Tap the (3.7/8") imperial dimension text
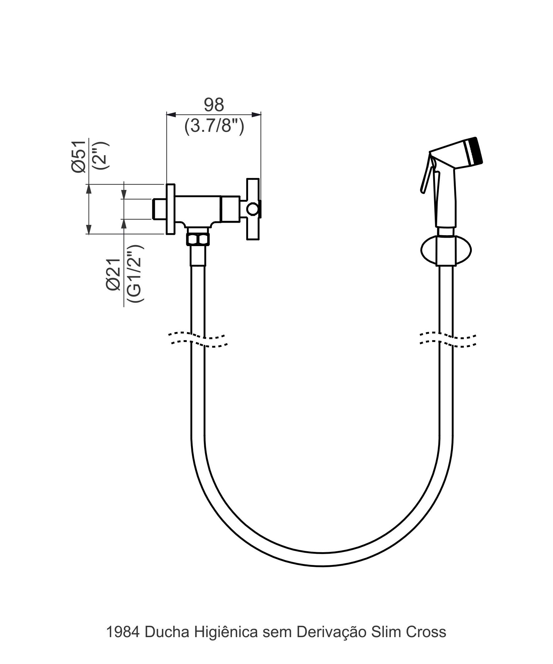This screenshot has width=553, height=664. pos(214,126)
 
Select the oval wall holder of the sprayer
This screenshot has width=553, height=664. pos(446,250)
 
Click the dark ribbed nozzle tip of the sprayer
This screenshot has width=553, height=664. pos(476,151)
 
